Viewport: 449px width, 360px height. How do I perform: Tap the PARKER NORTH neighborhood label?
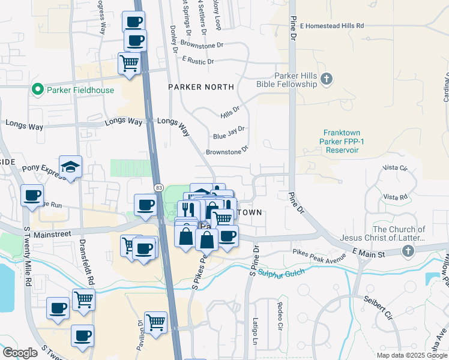click(x=200, y=87)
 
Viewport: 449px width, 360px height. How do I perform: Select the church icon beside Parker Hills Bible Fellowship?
click(x=326, y=79)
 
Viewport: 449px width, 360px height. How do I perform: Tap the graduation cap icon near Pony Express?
click(x=70, y=167)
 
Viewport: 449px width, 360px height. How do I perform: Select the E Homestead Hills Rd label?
click(x=331, y=26)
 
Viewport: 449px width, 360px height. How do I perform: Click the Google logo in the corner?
click(x=20, y=353)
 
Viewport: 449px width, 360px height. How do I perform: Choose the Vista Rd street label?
click(x=396, y=197)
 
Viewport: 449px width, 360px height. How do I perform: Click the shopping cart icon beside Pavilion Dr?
click(x=155, y=323)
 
